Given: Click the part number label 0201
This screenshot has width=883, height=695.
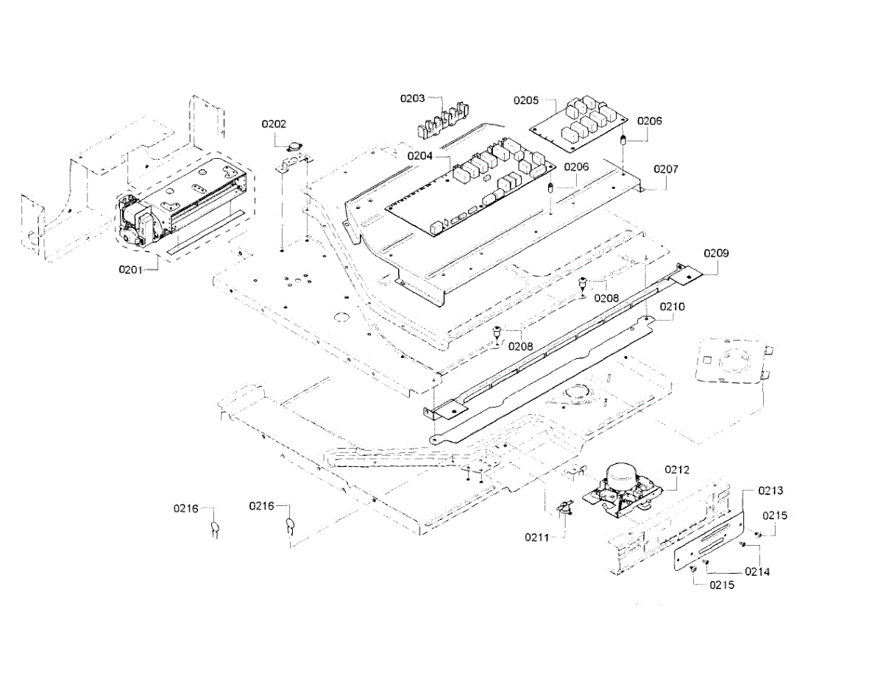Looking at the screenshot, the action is coord(130,270).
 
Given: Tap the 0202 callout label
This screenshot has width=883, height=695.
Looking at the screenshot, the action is coord(274,124).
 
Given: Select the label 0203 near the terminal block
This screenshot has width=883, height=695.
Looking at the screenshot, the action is coord(412,99).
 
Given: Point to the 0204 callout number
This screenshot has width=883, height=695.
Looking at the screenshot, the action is coord(419,156).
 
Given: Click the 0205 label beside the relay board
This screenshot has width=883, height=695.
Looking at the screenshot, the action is coord(526,100).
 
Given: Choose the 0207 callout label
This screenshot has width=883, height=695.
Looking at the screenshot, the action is coord(666,169).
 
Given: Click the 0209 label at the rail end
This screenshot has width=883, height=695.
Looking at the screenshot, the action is coord(717,253).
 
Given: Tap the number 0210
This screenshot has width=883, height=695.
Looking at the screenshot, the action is coord(672,307).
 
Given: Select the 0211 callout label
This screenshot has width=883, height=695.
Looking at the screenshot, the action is coord(536,537).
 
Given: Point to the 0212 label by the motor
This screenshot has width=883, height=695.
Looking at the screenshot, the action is coord(677,470).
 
